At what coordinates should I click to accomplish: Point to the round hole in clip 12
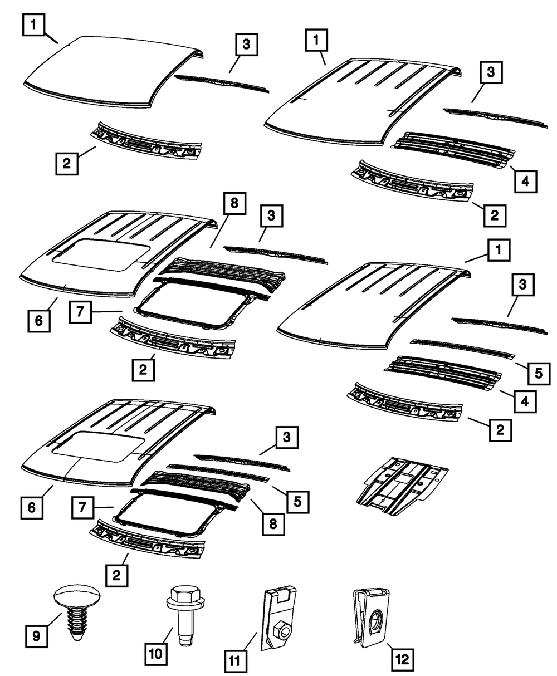[x=376, y=619]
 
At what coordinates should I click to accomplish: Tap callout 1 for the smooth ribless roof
[x=35, y=24]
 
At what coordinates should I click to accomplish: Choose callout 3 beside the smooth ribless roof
[x=246, y=45]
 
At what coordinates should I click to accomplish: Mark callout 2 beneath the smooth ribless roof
[x=66, y=163]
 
